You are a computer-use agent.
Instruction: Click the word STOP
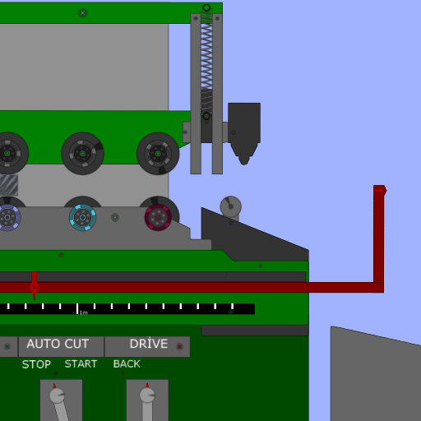[36, 364]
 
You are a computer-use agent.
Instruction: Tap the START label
[81, 364]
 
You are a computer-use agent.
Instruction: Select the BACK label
[127, 364]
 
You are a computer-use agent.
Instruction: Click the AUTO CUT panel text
[58, 344]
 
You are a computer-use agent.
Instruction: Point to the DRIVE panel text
[149, 343]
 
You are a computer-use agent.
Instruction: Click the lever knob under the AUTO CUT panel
[57, 396]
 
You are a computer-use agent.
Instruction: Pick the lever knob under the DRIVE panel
[147, 396]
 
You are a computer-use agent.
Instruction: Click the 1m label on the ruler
[84, 312]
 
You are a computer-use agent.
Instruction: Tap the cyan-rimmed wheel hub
[82, 217]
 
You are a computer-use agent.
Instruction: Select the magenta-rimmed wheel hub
[158, 217]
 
